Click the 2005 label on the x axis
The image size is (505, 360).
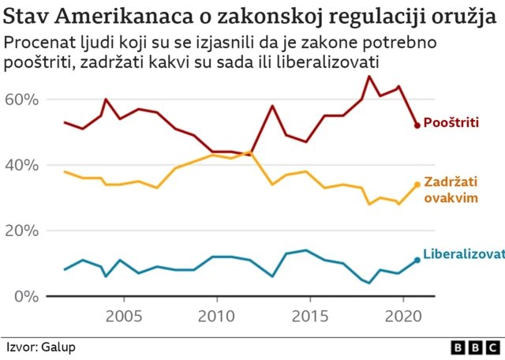point(123,317)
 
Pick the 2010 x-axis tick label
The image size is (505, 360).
point(216,317)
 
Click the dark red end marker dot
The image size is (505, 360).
point(417,125)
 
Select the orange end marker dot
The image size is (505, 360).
point(417,185)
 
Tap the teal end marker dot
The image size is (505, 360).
point(417,260)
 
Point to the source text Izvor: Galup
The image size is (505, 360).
point(41,347)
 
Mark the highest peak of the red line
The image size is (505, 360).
point(369,76)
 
